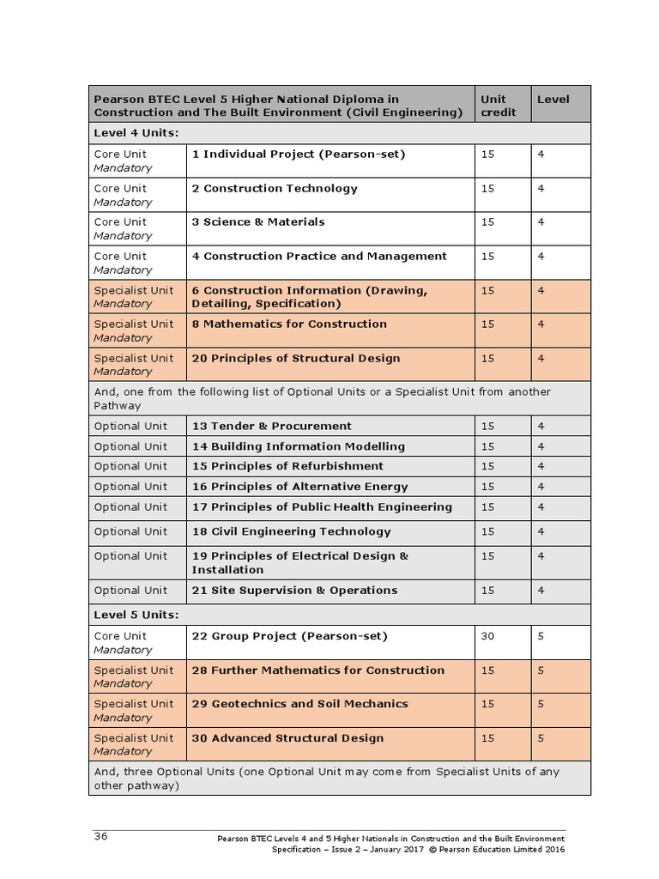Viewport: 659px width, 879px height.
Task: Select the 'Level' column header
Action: click(x=553, y=100)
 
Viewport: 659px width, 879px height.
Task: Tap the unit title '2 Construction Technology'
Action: click(x=275, y=189)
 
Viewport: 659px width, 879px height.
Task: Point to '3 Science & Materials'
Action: click(x=258, y=222)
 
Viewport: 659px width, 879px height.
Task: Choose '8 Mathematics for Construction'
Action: click(x=289, y=324)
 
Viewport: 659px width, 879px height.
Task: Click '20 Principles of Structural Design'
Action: click(x=296, y=359)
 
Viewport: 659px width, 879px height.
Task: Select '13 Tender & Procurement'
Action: click(x=272, y=427)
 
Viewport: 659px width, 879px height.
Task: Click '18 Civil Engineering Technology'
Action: click(x=291, y=532)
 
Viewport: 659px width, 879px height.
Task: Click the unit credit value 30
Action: click(x=487, y=637)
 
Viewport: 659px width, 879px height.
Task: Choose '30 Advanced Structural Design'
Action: click(x=287, y=738)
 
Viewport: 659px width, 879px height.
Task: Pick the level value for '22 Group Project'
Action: click(x=541, y=637)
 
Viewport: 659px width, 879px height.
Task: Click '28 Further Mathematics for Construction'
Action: click(x=318, y=670)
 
